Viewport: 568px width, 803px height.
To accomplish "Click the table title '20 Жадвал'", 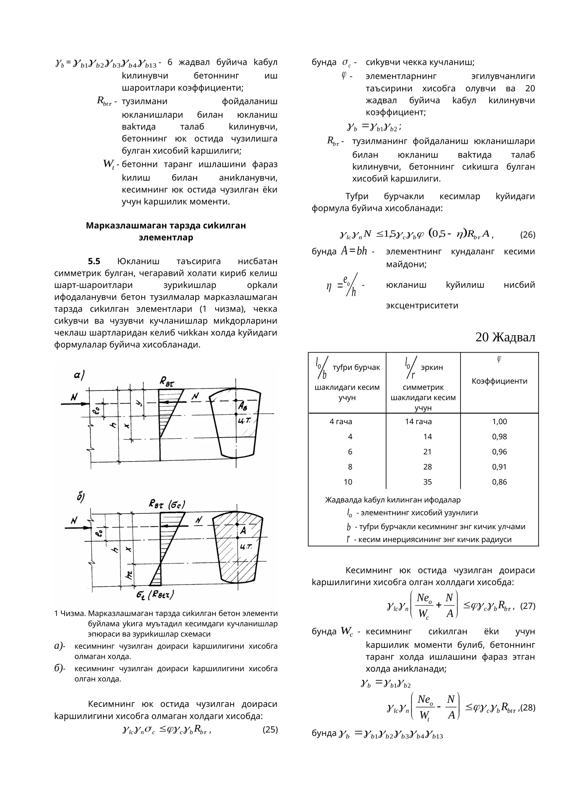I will [505, 337].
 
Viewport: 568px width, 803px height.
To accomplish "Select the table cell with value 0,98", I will [499, 437].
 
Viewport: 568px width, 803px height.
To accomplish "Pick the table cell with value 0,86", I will [499, 482].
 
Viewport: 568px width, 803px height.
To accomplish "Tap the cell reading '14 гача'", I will [418, 421].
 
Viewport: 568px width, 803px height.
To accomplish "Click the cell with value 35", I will [427, 482].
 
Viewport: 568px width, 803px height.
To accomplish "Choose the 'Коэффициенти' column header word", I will [499, 381].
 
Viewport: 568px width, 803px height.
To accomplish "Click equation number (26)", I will [527, 235].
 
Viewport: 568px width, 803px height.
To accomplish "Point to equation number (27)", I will [527, 606].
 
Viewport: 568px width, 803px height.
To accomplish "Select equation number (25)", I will [270, 730].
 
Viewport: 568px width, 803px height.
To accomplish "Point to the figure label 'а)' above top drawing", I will [79, 375].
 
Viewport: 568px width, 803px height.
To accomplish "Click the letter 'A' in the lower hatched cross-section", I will [243, 531].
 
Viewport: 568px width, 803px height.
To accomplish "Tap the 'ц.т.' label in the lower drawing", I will [246, 546].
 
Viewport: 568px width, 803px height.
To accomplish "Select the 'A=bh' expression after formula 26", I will [354, 251].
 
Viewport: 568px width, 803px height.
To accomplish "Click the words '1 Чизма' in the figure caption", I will [70, 613].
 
